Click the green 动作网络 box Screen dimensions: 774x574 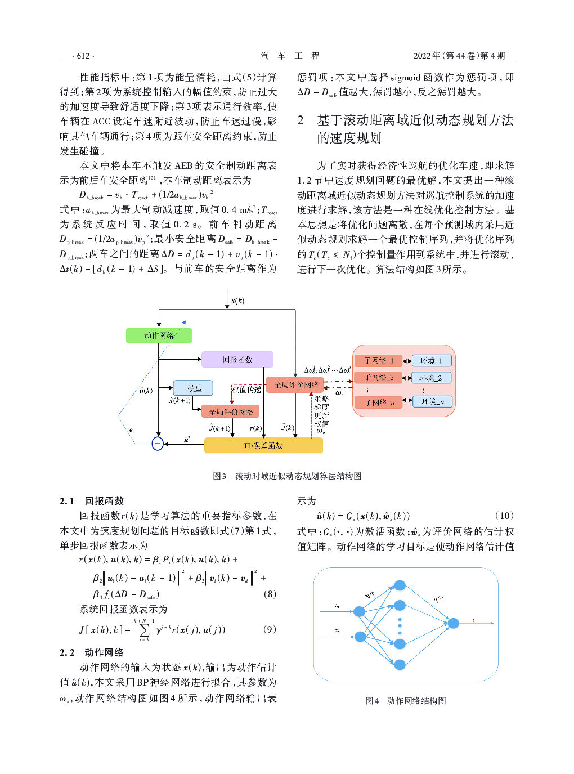tap(159, 335)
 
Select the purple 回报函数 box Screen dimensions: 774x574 tap(237, 360)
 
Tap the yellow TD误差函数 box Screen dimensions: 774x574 tap(263, 446)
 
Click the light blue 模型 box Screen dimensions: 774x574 tap(193, 388)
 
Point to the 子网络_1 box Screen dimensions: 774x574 tap(378, 360)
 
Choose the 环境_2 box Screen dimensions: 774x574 tap(431, 378)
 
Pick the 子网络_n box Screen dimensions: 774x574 tap(378, 402)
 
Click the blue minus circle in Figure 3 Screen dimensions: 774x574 tap(158, 444)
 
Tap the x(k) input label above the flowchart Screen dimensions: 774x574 tap(237, 301)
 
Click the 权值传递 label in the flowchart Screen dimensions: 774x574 tap(246, 389)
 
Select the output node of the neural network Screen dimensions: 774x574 tap(453, 623)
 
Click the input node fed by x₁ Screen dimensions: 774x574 tap(359, 611)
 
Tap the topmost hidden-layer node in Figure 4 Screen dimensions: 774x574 tap(400, 585)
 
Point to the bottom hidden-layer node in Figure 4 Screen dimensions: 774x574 tap(400, 665)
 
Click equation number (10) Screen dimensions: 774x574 tap(504, 516)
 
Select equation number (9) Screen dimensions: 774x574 tap(270, 629)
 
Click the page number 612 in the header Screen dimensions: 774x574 tap(83, 56)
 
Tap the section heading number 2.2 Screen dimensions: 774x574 tap(67, 652)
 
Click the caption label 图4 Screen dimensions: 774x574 tap(372, 701)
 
